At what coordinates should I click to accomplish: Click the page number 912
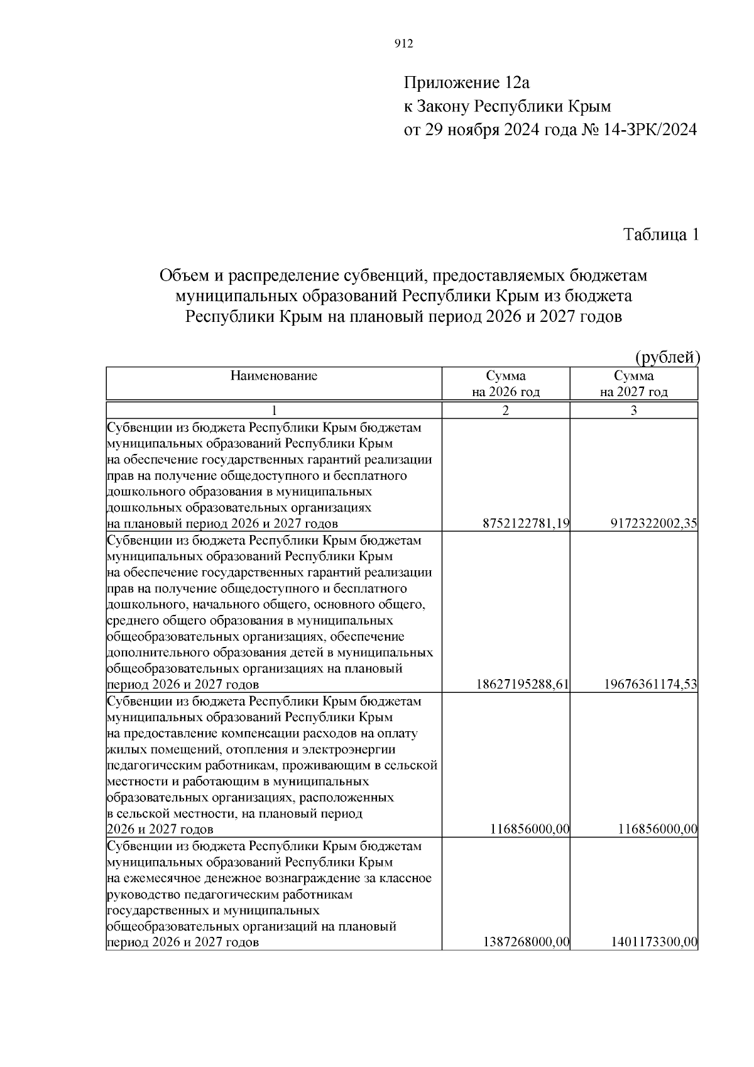[x=403, y=43]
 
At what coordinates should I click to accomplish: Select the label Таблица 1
[x=661, y=235]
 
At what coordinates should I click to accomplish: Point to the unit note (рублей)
[x=667, y=358]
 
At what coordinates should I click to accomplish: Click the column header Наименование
[x=274, y=376]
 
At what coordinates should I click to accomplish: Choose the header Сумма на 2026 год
[x=506, y=384]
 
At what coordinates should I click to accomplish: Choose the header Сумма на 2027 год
[x=633, y=384]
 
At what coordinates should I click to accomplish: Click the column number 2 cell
[x=506, y=411]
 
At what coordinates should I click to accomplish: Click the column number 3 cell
[x=633, y=411]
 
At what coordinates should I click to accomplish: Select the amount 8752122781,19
[x=526, y=524]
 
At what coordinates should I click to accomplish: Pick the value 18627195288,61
[x=523, y=684]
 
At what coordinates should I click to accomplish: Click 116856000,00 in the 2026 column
[x=529, y=829]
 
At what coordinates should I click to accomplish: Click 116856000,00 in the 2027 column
[x=657, y=829]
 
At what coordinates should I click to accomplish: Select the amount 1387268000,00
[x=526, y=942]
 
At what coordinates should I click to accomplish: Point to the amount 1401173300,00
[x=654, y=942]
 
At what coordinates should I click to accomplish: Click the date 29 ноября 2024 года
[x=493, y=130]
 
